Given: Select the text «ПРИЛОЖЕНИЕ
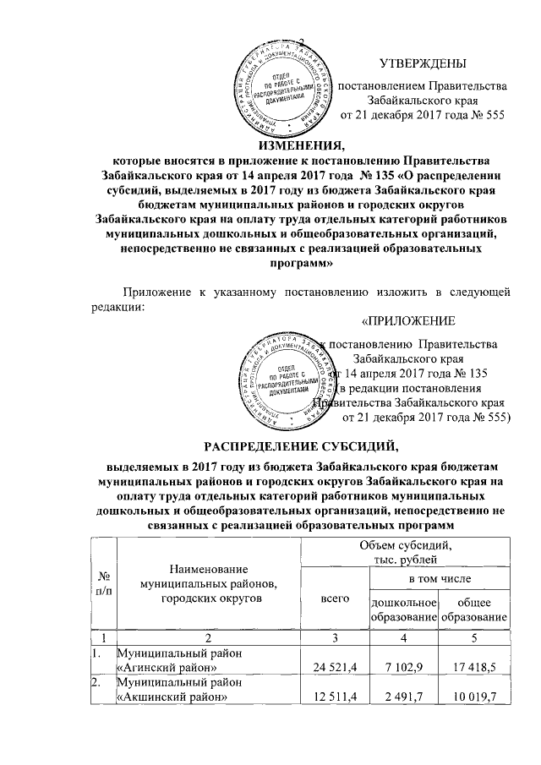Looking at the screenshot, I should (408, 321).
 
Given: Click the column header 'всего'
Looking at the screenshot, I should (336, 598).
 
